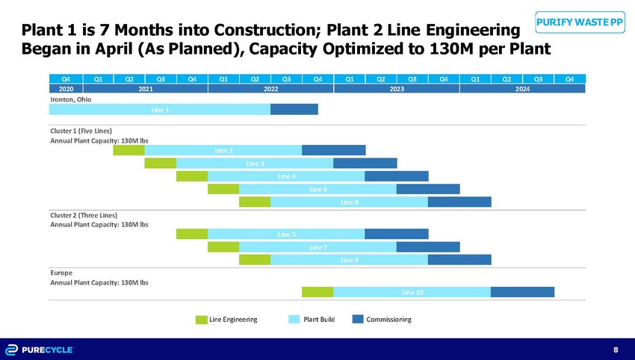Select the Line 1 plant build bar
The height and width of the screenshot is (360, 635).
pyautogui.click(x=159, y=109)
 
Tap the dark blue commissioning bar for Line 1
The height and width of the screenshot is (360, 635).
pyautogui.click(x=294, y=109)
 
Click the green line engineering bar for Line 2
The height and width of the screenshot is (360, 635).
pyautogui.click(x=128, y=150)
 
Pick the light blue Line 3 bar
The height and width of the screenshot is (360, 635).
pyautogui.click(x=254, y=163)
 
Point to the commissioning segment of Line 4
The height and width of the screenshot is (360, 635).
pyautogui.click(x=396, y=176)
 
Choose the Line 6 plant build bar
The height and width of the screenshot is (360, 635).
pyautogui.click(x=317, y=189)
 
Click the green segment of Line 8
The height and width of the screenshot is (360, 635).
pyautogui.click(x=254, y=202)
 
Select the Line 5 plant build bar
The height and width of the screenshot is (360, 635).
pyautogui.click(x=285, y=234)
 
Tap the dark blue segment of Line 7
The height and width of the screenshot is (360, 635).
pyautogui.click(x=427, y=246)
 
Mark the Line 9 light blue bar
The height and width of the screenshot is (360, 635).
pyautogui.click(x=348, y=259)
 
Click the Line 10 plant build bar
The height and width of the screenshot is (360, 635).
pyautogui.click(x=412, y=292)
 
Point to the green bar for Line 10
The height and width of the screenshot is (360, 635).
pyautogui.click(x=317, y=292)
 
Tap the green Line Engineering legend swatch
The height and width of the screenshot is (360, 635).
pyautogui.click(x=201, y=320)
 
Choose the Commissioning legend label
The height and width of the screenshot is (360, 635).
pyautogui.click(x=388, y=320)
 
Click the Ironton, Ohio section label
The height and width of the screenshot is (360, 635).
pyautogui.click(x=69, y=98)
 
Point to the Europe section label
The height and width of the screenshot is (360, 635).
pyautogui.click(x=61, y=273)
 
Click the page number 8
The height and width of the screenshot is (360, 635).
pyautogui.click(x=616, y=350)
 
